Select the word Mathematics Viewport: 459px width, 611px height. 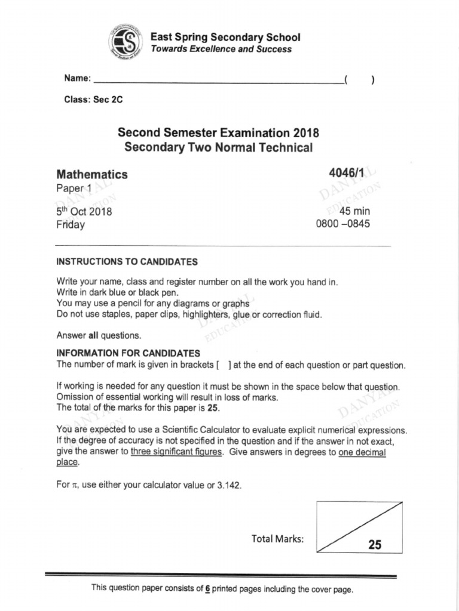click(92, 174)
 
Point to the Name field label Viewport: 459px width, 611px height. click(78, 79)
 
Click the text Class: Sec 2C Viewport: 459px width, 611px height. click(93, 100)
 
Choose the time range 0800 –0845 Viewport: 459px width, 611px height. click(342, 224)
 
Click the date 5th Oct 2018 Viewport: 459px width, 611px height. click(84, 212)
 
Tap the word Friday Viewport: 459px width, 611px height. click(71, 225)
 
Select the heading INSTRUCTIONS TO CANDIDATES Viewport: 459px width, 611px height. click(127, 261)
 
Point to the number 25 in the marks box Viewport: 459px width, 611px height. click(375, 544)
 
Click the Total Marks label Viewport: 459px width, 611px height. click(278, 539)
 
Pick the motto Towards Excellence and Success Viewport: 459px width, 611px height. click(221, 49)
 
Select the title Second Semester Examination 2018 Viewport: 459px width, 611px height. click(218, 132)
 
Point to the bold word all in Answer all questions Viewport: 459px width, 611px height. click(93, 335)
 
